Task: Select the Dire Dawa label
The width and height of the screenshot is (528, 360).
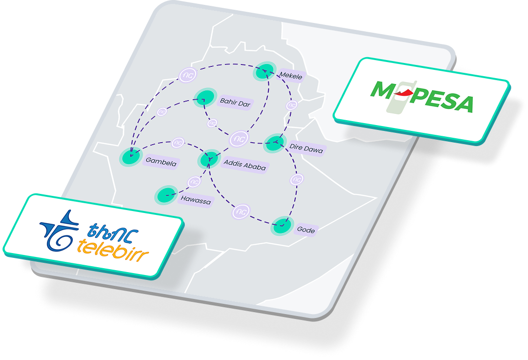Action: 306,148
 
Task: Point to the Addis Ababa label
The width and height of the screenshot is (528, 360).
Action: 244,166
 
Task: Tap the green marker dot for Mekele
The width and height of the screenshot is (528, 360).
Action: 264,72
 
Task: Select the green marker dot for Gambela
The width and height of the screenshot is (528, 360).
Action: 131,157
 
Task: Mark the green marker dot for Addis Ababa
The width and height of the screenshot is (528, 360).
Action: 209,159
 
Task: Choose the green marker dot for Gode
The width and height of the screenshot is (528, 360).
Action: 281,225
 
